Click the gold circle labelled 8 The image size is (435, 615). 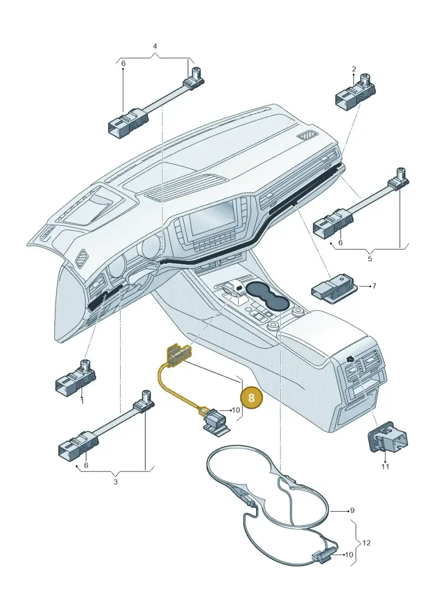(251, 397)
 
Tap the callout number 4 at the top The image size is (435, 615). (155, 46)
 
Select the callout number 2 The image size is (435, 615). (354, 69)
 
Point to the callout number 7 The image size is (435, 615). (374, 286)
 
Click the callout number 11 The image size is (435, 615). (385, 467)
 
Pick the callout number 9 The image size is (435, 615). (352, 510)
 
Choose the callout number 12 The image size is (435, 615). (366, 543)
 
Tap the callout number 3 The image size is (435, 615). (115, 482)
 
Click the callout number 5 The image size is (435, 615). (370, 259)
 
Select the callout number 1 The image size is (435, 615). (82, 402)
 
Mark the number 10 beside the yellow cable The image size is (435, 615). (235, 410)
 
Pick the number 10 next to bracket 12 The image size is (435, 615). (349, 555)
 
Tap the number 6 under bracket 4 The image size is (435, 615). (123, 63)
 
